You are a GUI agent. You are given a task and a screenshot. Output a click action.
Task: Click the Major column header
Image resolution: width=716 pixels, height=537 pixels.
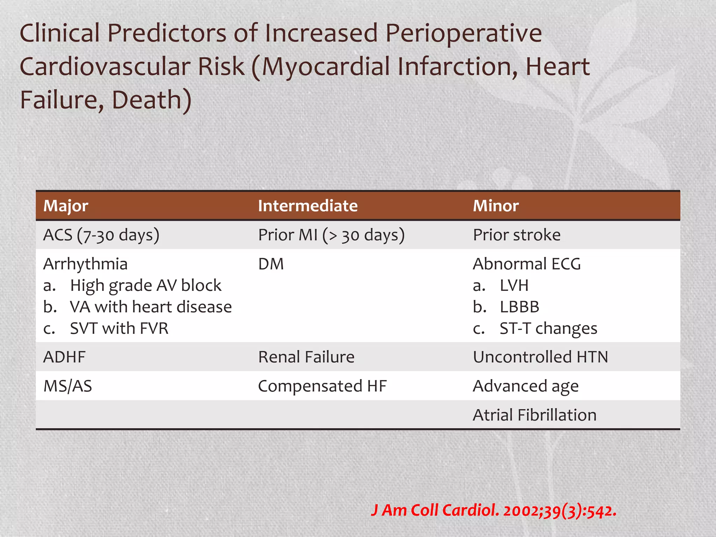(66, 206)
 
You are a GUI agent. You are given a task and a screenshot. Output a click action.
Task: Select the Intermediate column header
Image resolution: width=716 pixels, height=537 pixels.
(308, 206)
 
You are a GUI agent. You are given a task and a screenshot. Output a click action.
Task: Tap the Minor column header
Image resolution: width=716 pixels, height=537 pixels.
(495, 206)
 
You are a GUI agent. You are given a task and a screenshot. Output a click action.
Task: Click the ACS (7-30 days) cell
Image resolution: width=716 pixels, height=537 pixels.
(101, 235)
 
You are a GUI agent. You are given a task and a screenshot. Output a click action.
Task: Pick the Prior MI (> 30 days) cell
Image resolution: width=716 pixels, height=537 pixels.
(331, 235)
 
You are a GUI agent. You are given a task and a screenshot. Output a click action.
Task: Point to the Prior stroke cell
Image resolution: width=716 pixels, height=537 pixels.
(516, 235)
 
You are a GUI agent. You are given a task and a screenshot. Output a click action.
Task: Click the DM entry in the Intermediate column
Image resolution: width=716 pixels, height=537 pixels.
(271, 264)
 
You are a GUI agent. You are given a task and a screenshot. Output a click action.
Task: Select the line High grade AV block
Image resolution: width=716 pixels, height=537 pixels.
(145, 286)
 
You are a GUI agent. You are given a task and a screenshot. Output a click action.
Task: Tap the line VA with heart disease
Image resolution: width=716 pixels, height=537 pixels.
(151, 307)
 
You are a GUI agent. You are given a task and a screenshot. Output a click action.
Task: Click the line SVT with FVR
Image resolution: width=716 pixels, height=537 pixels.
(119, 329)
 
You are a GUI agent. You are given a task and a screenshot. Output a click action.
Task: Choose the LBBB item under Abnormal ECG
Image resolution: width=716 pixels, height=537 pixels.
(519, 307)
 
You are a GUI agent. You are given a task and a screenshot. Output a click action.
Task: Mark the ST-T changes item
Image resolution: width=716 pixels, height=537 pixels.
(548, 329)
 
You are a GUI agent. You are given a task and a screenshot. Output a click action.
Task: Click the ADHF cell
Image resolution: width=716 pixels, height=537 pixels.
(64, 357)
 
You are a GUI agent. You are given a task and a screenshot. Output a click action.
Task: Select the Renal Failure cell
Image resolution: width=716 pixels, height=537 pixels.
(306, 357)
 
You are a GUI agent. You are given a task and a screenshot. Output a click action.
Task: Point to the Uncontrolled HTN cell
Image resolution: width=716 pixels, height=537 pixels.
(540, 357)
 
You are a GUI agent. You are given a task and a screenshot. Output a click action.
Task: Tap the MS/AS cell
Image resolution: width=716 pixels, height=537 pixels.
(67, 386)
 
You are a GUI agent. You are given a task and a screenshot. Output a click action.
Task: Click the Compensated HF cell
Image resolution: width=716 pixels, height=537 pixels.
(322, 386)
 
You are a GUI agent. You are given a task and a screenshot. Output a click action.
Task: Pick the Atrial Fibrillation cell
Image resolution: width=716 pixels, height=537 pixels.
(535, 415)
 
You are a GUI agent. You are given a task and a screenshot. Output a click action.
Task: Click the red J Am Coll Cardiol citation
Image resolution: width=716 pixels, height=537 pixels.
(493, 510)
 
